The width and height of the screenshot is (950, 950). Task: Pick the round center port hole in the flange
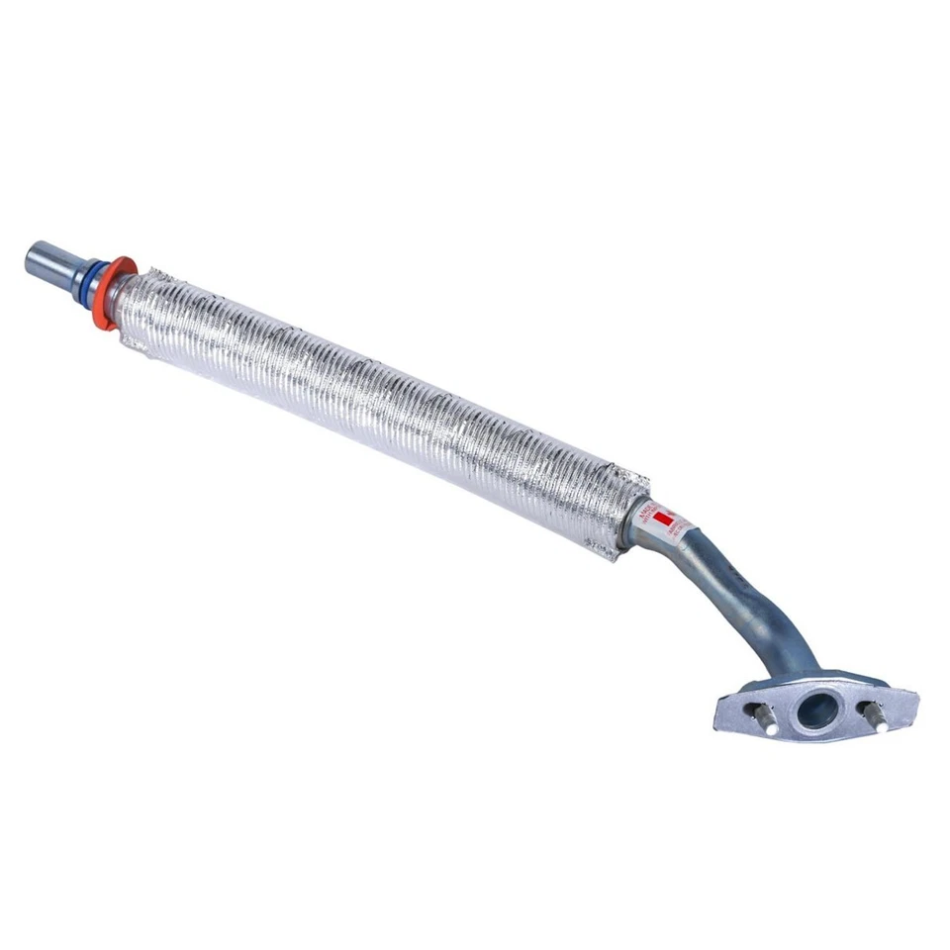[818, 710]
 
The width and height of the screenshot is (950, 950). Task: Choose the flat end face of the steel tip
[31, 260]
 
